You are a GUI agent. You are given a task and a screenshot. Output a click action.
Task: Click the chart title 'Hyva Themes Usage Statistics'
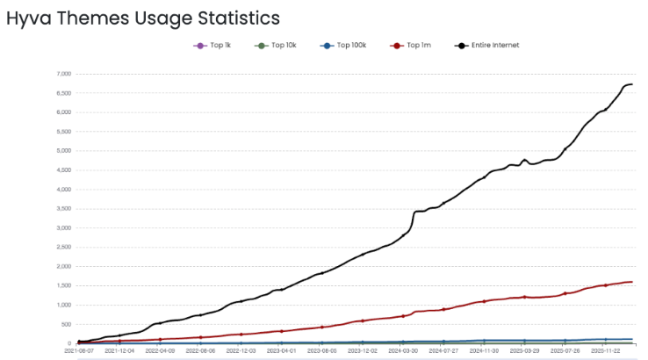[143, 18]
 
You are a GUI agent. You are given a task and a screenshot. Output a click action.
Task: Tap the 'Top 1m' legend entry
[412, 45]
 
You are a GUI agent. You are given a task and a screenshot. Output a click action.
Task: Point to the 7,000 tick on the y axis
[61, 74]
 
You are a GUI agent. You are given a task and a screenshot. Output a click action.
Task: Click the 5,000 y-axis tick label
[61, 151]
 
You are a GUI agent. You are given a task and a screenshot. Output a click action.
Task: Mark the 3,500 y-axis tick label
[61, 209]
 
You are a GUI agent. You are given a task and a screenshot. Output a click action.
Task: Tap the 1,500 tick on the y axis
[61, 285]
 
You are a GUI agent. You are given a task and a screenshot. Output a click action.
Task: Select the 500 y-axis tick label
[65, 324]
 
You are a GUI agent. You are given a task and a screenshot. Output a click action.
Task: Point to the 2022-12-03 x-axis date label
[241, 350]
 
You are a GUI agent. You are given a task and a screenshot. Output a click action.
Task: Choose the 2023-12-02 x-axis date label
[363, 350]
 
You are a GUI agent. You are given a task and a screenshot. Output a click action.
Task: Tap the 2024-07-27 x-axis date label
[444, 350]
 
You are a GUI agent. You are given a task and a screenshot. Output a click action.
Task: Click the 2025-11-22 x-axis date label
[607, 350]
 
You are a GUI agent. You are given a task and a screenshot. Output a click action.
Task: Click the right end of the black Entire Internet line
[633, 84]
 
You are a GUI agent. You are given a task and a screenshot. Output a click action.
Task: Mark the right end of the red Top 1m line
[633, 282]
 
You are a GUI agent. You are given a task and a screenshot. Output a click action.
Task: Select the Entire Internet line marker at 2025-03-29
[525, 160]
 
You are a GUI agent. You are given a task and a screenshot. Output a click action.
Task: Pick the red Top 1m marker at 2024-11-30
[485, 301]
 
